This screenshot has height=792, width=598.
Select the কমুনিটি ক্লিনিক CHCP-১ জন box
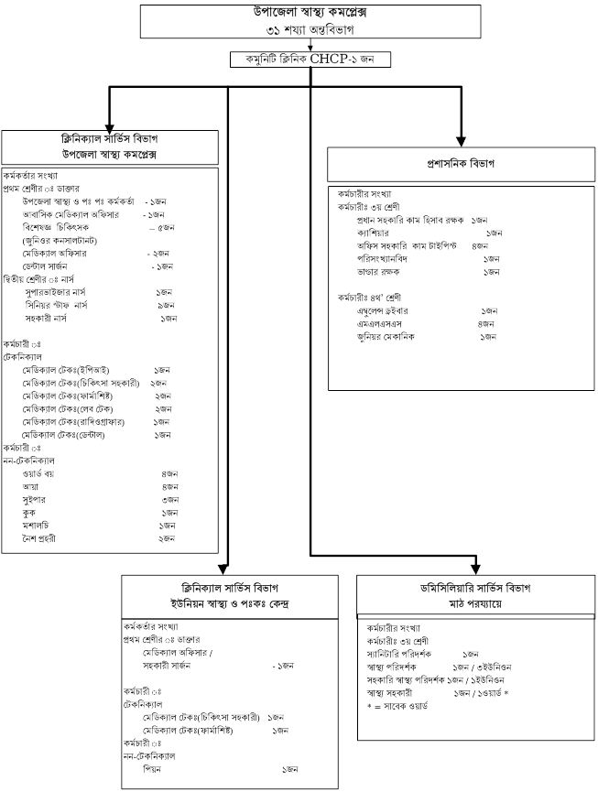coord(310,60)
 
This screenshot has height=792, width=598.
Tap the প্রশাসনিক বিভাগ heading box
coord(461,164)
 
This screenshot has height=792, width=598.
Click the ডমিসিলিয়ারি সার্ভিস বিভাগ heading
coord(475,589)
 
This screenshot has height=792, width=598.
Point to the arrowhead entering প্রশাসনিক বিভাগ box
coord(460,141)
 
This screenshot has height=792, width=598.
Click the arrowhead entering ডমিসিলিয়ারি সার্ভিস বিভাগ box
coord(475,569)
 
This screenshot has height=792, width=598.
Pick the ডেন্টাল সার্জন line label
coord(45,266)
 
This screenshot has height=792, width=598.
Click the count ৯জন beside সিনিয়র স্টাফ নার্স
coord(166,305)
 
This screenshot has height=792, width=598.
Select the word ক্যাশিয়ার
coord(373,233)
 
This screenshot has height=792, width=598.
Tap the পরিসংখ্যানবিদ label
coord(382,259)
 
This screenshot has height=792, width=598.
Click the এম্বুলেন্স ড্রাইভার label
coord(383,310)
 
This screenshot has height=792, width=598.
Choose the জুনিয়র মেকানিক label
coord(386,337)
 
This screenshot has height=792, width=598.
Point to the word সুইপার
coord(34,500)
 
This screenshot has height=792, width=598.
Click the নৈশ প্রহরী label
coord(38,538)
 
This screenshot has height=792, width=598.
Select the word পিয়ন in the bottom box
coord(151,769)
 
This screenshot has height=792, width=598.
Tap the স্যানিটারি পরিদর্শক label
coord(399,654)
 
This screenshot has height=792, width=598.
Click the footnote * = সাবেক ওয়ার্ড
coord(397,706)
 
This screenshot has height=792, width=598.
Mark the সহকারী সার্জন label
coord(166,666)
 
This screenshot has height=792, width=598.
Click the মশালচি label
coord(36,526)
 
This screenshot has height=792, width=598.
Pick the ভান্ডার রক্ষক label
coord(378,272)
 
